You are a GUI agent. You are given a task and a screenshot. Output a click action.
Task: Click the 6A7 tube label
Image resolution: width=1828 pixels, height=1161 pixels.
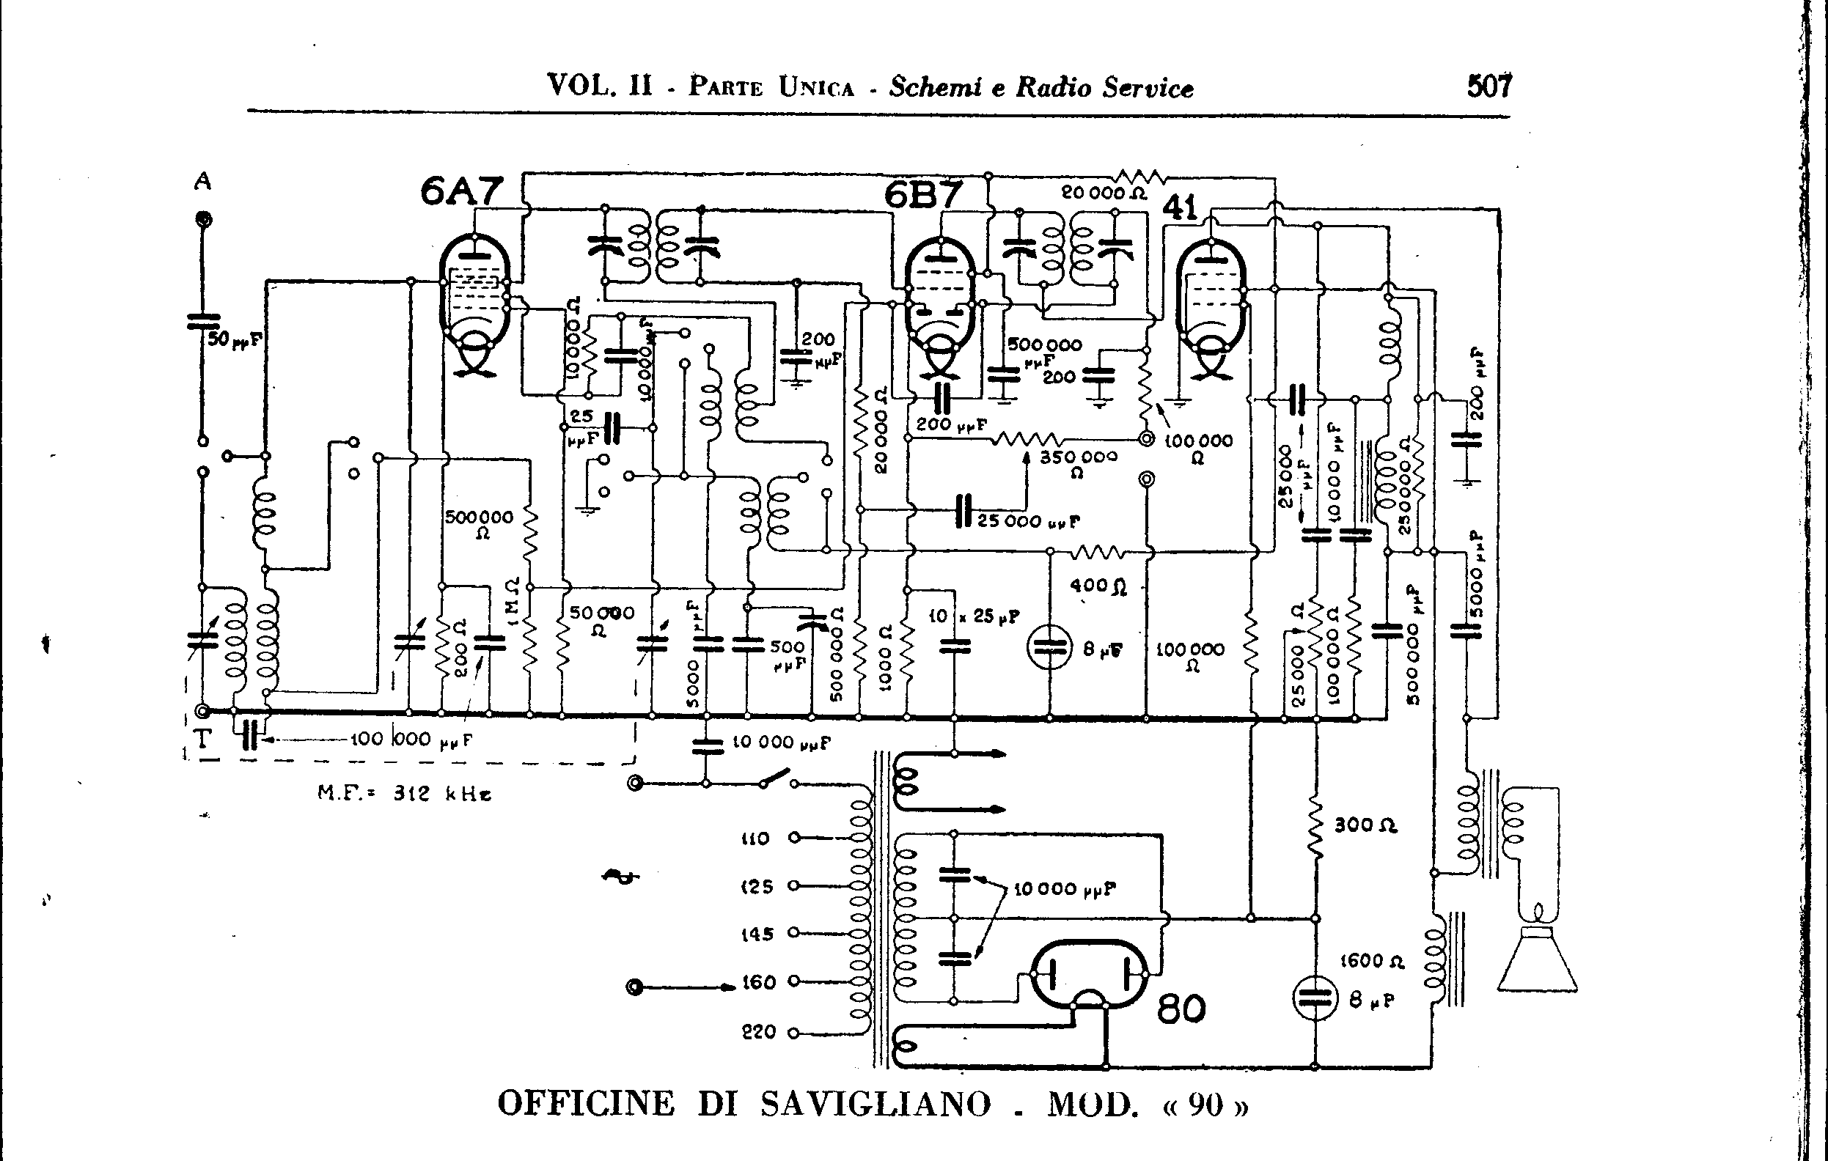point(460,191)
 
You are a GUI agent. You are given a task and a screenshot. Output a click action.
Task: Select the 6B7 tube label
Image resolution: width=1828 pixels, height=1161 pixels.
point(923,195)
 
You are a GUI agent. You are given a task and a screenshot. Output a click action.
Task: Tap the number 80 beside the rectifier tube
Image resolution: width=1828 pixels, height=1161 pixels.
point(1181,1009)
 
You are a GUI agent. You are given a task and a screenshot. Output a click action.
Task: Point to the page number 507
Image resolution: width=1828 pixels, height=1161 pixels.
point(1489,86)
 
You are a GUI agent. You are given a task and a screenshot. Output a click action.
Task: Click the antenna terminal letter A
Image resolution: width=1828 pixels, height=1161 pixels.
point(202,181)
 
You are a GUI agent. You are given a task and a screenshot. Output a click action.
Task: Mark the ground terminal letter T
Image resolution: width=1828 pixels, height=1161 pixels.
point(202,738)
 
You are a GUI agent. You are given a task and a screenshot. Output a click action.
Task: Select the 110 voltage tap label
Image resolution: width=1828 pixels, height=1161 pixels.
point(755,838)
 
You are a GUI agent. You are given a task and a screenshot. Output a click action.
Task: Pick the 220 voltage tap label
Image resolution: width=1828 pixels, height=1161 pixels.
point(757,1032)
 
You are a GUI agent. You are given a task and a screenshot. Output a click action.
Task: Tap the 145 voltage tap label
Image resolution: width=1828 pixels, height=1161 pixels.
point(756,934)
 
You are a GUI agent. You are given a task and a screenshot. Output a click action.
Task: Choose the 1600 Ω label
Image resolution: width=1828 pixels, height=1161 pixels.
point(1372,962)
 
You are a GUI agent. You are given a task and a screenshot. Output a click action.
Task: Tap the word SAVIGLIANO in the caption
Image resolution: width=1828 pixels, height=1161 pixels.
point(876,1104)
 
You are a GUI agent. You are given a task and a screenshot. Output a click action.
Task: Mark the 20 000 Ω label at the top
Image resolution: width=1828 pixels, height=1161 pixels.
point(1104,193)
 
